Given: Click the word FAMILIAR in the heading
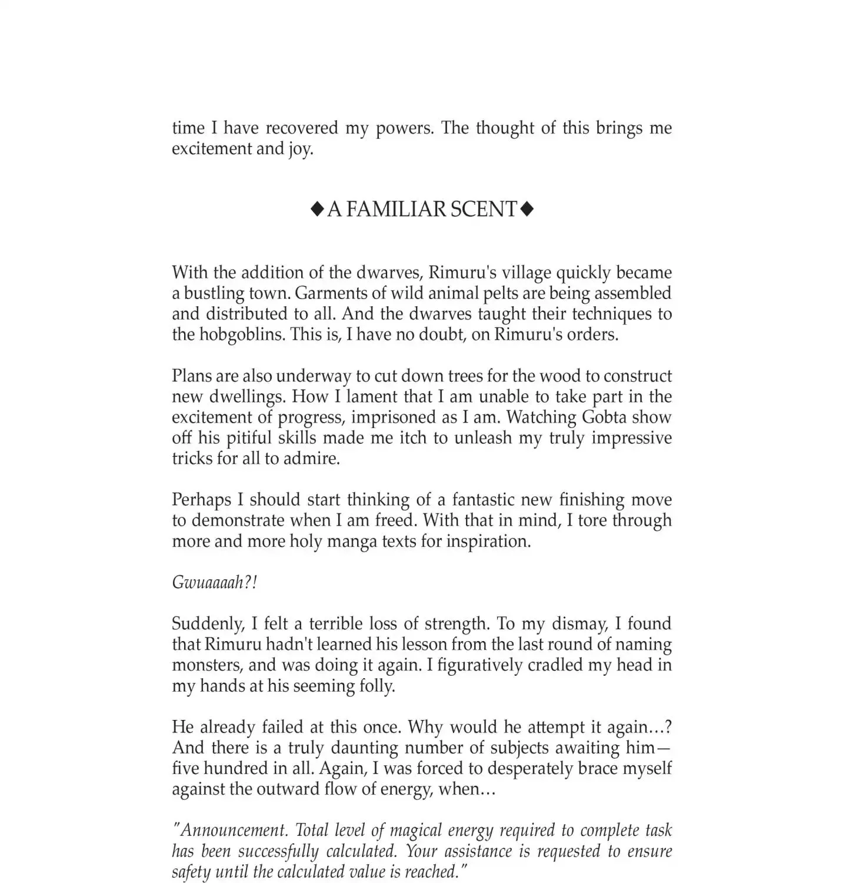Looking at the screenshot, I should pyautogui.click(x=387, y=209).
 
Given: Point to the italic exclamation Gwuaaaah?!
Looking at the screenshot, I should pyautogui.click(x=215, y=582).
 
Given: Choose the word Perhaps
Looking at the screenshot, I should pyautogui.click(x=201, y=500).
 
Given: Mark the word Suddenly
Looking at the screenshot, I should pyautogui.click(x=206, y=624).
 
